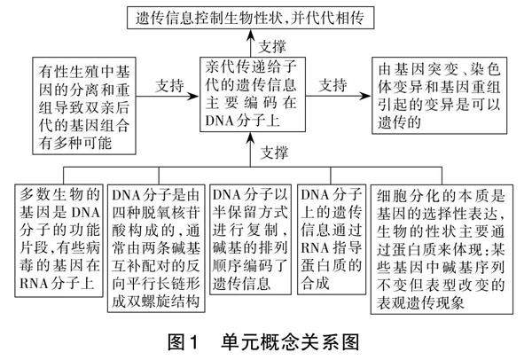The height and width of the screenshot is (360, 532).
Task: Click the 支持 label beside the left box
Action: (169, 85)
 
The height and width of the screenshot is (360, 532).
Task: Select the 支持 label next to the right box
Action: (332, 85)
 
